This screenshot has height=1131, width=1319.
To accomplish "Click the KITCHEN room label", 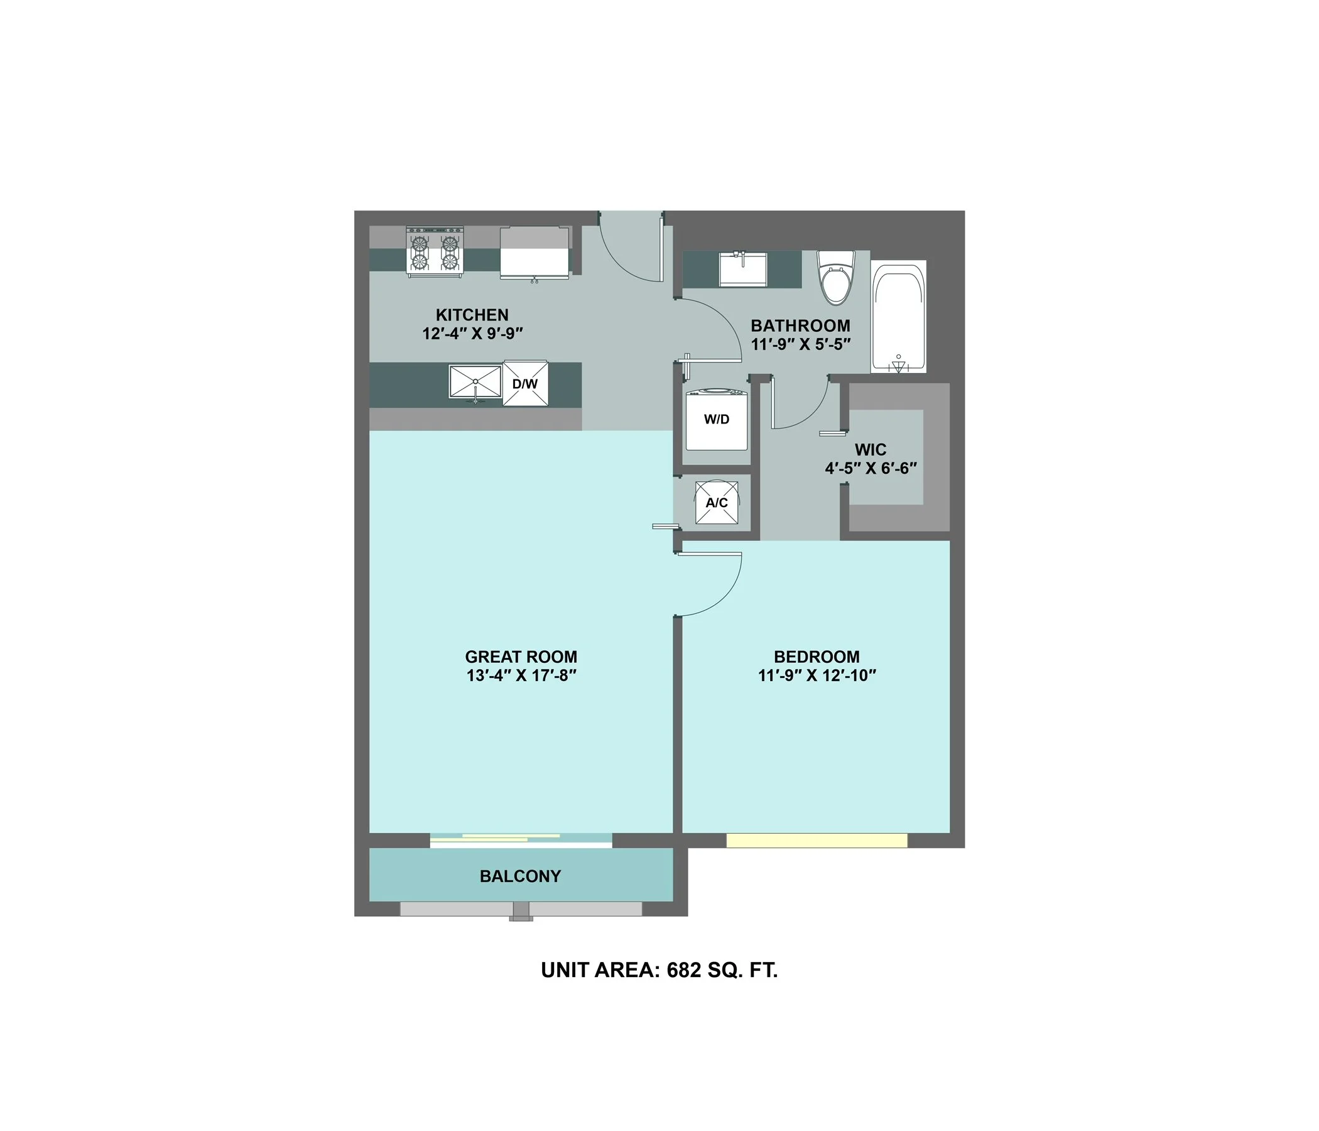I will [x=472, y=315].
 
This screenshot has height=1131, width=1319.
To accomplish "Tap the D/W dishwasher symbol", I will [x=525, y=383].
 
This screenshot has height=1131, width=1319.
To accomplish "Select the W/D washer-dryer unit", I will [x=716, y=419].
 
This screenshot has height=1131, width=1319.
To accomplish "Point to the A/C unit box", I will [x=717, y=503].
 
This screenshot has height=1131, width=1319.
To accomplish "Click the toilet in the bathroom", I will [x=836, y=278].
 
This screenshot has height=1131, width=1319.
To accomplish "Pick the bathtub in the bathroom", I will [x=898, y=317].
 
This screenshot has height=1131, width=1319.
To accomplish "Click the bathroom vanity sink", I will [x=743, y=270].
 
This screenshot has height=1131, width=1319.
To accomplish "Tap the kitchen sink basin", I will [x=475, y=381].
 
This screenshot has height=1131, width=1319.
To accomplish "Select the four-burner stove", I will [x=435, y=252].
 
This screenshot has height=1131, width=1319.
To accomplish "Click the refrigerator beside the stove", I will [x=535, y=253].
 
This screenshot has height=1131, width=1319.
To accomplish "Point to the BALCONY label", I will [x=520, y=877].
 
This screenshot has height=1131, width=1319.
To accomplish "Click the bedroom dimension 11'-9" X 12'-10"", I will [x=817, y=675].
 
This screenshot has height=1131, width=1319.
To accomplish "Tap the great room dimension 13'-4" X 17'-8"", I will [x=521, y=675].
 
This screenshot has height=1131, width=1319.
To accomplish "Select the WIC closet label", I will [x=870, y=450].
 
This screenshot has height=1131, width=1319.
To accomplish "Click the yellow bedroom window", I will [x=817, y=841].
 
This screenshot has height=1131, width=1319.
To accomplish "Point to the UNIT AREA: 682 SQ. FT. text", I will [x=659, y=970].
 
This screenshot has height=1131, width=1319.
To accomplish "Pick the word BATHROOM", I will [x=800, y=326].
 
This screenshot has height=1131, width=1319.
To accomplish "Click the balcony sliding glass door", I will [x=521, y=839].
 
